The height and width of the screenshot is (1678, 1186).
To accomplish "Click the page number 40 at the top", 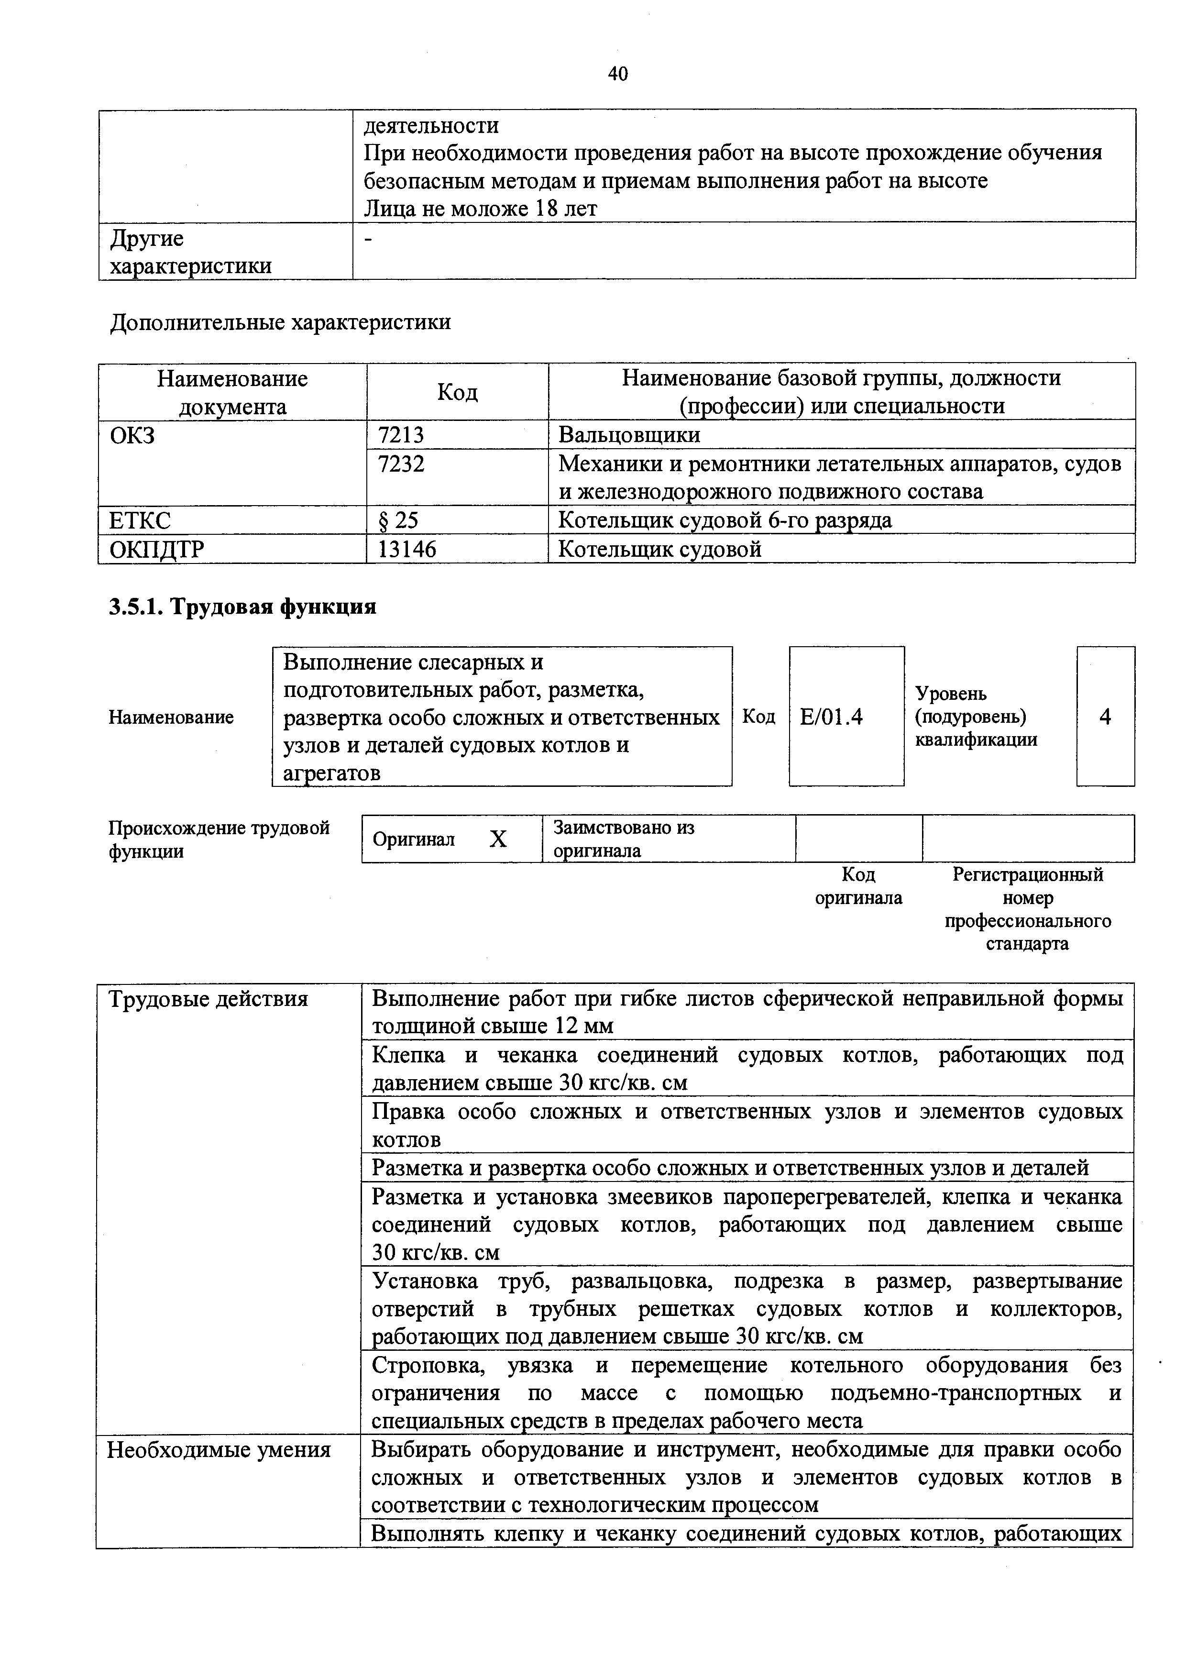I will (617, 73).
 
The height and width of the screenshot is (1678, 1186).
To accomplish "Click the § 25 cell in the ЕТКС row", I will (398, 520).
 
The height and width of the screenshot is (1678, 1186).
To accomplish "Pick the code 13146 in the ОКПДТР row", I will (406, 549).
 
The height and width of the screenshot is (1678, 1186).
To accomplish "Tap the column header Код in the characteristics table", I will (458, 392).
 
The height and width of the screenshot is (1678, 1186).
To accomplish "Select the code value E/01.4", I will (831, 717).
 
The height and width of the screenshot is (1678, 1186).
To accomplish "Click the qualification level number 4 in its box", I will (1105, 717).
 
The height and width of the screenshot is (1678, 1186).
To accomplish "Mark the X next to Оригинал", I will (498, 839).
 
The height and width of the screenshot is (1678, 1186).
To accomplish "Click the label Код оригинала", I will (858, 886).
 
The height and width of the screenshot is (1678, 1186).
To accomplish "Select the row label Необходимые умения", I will (219, 1449).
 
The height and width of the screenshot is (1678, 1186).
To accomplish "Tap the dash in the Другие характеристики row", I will (368, 239).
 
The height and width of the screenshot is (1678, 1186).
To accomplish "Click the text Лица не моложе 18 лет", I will (480, 209).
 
